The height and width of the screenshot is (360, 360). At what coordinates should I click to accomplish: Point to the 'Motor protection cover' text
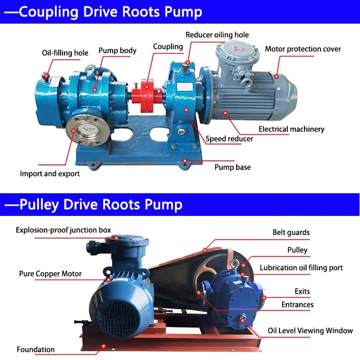tap(303, 49)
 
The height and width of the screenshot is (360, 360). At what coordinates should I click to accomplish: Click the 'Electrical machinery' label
tap(291, 129)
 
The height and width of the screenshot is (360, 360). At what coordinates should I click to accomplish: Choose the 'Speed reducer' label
tap(229, 139)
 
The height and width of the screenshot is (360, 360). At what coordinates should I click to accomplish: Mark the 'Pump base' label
tap(232, 167)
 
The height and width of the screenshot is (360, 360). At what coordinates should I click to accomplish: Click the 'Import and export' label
tap(50, 173)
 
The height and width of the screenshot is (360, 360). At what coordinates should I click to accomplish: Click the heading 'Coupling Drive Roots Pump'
tap(103, 12)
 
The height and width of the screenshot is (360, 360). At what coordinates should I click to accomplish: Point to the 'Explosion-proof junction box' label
tap(63, 230)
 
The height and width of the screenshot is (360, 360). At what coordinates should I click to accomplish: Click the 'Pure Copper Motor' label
tap(50, 274)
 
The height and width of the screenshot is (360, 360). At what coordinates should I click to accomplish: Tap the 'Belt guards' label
tap(291, 232)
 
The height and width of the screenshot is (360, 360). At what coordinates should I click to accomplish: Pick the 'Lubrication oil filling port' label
tap(301, 267)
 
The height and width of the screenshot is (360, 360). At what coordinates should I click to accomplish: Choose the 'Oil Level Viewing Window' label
tap(310, 331)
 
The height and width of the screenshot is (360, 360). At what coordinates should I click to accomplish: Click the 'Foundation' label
tap(36, 349)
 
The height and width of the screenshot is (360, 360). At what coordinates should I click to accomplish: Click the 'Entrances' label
tap(297, 305)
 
